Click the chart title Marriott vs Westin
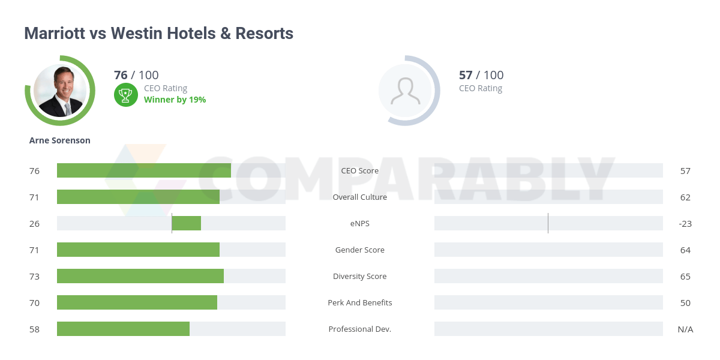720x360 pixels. [158, 33]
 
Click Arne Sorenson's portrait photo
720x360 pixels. [60, 91]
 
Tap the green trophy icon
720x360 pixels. [125, 94]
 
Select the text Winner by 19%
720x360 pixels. [175, 100]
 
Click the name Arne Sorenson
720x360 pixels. [60, 140]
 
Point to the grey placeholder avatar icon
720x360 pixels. [405, 91]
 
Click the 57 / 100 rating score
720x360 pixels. [481, 75]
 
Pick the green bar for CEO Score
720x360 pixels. [144, 170]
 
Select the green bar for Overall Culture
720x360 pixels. [138, 197]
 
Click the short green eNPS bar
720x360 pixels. [187, 223]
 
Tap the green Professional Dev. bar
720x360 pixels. [123, 329]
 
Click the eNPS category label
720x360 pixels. [360, 223]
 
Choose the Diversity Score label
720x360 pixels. [360, 276]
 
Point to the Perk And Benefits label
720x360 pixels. [360, 302]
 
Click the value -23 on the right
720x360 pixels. [685, 223]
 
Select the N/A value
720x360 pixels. [685, 329]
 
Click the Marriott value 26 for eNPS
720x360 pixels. [34, 223]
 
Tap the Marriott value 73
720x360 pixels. [34, 276]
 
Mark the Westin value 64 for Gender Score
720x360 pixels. [685, 250]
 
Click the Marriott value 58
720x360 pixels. [34, 329]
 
